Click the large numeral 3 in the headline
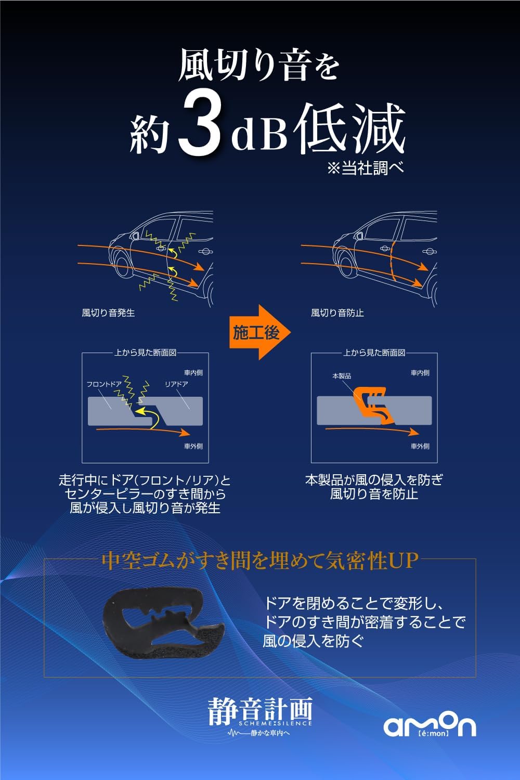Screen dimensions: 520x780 (200, 127)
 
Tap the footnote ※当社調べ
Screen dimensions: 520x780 (366, 168)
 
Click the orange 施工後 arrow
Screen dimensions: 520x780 (260, 332)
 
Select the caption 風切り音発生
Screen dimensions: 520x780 (108, 313)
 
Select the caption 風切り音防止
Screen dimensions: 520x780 (337, 313)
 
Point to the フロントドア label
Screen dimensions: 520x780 (104, 384)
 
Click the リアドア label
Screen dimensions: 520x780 (176, 384)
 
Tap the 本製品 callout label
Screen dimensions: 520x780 (341, 376)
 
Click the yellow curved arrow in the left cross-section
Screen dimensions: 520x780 (148, 417)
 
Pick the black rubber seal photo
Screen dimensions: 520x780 (163, 625)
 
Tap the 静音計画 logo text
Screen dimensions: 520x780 (260, 710)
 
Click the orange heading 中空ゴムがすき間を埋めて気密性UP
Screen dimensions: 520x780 (260, 561)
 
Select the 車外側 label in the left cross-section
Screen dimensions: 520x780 (193, 446)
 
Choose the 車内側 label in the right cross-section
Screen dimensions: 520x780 (420, 373)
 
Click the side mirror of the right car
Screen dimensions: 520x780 (358, 236)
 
